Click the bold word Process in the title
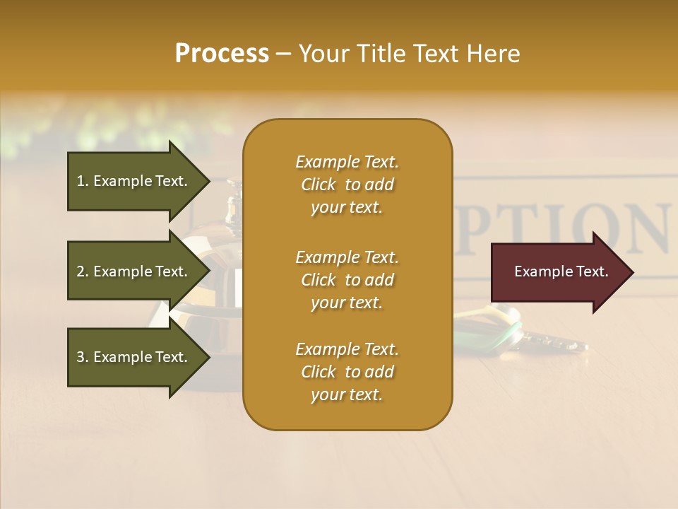[222, 54]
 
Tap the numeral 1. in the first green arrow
[83, 181]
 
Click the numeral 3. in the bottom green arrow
[83, 357]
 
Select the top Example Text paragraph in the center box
[347, 185]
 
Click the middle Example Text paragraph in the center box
[347, 280]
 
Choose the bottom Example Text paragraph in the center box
[347, 372]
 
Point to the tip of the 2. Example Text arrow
[209, 271]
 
